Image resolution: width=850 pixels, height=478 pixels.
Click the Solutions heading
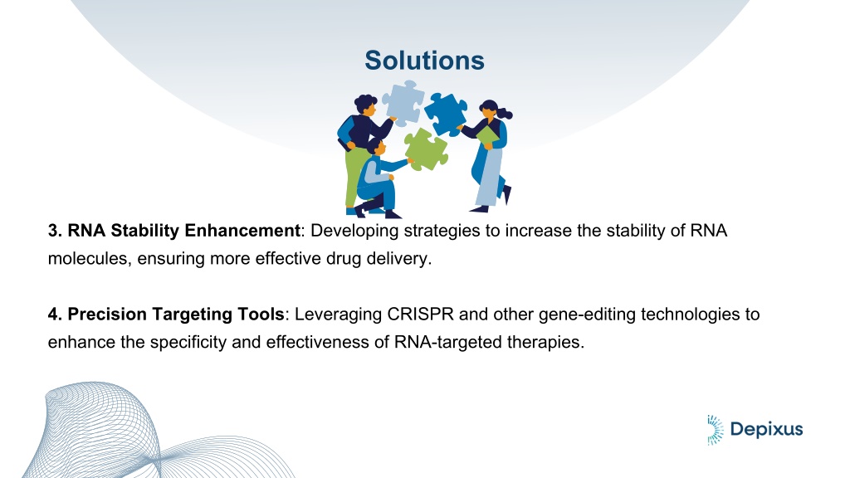tap(424, 60)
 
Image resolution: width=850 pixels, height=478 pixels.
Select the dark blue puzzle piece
tap(446, 114)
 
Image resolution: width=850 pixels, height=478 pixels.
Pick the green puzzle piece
tap(426, 149)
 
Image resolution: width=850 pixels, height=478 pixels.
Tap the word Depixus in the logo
tap(766, 430)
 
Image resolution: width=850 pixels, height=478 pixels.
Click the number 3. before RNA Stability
tap(56, 231)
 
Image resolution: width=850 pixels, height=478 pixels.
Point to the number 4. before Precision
tap(56, 315)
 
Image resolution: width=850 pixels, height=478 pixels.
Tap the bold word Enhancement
tap(242, 231)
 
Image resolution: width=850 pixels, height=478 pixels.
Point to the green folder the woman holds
tap(487, 135)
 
